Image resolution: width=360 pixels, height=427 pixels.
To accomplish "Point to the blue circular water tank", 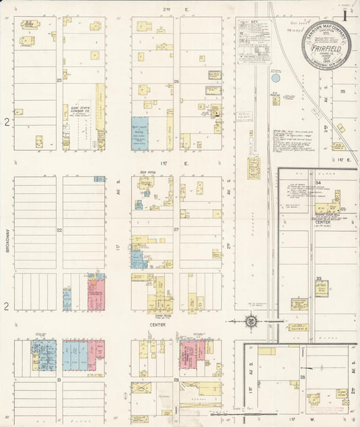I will coord(275,78).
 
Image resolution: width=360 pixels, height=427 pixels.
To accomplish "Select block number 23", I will coord(59,80).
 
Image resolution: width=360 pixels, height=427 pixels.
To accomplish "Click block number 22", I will coord(59,230).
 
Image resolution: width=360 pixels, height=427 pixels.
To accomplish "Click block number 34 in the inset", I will coord(317,182).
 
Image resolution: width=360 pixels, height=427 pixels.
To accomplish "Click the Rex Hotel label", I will coord(148,172).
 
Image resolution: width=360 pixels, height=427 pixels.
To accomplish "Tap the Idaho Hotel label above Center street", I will coord(162,315).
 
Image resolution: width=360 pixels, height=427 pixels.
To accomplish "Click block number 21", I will coord(59,380).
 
